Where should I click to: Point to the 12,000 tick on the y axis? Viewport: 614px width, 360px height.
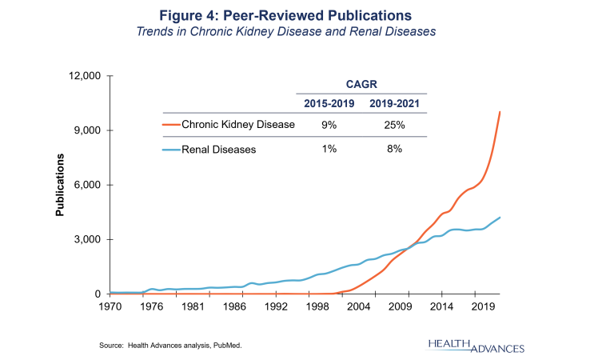(x=82, y=76)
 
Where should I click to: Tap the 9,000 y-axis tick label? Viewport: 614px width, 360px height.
(x=86, y=130)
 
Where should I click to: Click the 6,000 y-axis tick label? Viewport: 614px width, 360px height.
(x=86, y=185)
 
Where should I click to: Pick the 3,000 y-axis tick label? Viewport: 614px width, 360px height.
(x=86, y=240)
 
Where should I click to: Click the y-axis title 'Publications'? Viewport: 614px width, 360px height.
(x=60, y=186)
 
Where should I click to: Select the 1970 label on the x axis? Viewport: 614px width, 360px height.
(x=110, y=306)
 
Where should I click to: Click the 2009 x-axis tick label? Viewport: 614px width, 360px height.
(x=405, y=306)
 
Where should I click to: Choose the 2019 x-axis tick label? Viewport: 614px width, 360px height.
(x=481, y=306)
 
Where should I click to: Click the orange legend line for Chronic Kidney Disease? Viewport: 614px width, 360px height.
(x=171, y=125)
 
